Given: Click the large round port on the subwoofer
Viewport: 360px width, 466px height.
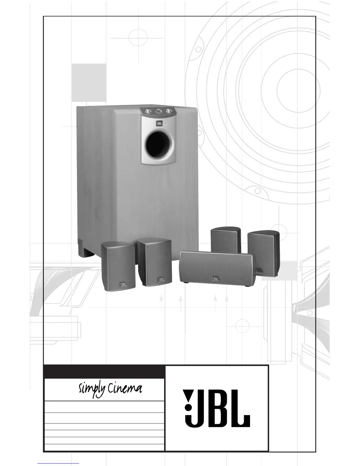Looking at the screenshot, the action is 159,144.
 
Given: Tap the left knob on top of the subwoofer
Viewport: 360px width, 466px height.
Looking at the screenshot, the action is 148,111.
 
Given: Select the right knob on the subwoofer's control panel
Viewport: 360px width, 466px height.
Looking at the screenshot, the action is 169,111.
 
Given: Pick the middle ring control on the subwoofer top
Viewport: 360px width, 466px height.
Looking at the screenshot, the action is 159,111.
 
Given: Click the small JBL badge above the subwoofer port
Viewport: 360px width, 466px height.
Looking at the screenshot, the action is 159,123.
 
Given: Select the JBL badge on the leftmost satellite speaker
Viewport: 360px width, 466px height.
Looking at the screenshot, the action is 123,285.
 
